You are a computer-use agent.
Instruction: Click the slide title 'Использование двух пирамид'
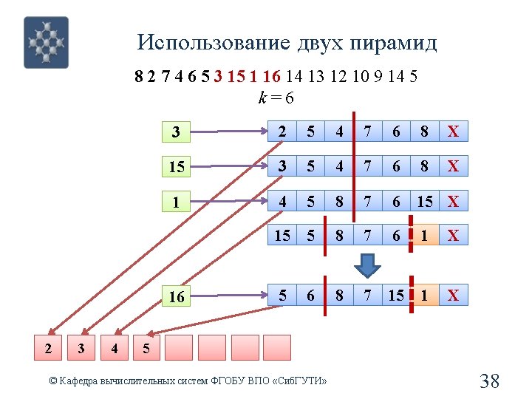tap(287, 43)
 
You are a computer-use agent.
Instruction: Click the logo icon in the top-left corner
tap(46, 42)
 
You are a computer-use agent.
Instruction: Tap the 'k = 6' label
tap(276, 97)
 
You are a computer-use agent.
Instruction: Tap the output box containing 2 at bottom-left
tap(47, 347)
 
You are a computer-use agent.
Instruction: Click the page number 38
tap(490, 381)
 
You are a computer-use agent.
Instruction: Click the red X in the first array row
tap(453, 132)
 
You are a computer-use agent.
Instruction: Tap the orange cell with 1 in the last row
tap(424, 296)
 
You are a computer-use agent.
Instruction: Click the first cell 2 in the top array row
tap(282, 132)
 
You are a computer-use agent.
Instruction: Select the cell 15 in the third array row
tap(424, 201)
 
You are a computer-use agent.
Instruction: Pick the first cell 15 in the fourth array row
tap(282, 235)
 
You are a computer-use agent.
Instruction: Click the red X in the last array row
tap(453, 296)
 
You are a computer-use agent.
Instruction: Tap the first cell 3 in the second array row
tap(282, 166)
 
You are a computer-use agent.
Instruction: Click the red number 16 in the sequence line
tap(271, 76)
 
